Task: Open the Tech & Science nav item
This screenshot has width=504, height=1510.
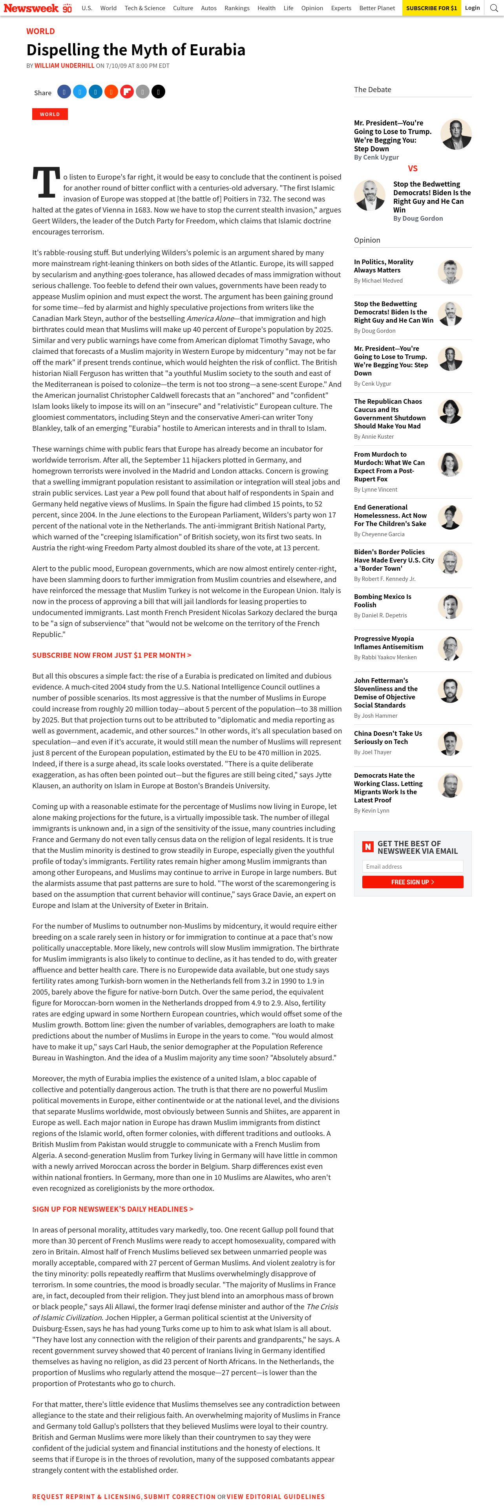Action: (144, 8)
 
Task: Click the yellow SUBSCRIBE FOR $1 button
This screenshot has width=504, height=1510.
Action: (431, 8)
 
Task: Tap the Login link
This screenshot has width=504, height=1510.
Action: (472, 8)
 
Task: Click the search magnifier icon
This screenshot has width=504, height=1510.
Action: (495, 8)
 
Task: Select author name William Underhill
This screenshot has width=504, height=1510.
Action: (64, 65)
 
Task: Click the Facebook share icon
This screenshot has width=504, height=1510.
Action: (64, 92)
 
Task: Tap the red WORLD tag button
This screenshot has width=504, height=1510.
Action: (50, 114)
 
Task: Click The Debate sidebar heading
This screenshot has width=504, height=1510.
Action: (372, 90)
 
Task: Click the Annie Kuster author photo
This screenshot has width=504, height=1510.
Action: (450, 412)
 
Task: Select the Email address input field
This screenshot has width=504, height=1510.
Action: (413, 866)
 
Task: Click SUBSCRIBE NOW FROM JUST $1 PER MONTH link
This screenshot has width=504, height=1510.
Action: (111, 655)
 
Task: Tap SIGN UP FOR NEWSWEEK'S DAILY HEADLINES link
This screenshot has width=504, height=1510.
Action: (113, 1209)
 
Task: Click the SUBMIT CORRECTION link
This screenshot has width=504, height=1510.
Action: (179, 1497)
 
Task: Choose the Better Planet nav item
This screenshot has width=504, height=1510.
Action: (377, 8)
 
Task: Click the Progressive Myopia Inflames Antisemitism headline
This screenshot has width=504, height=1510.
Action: (389, 642)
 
